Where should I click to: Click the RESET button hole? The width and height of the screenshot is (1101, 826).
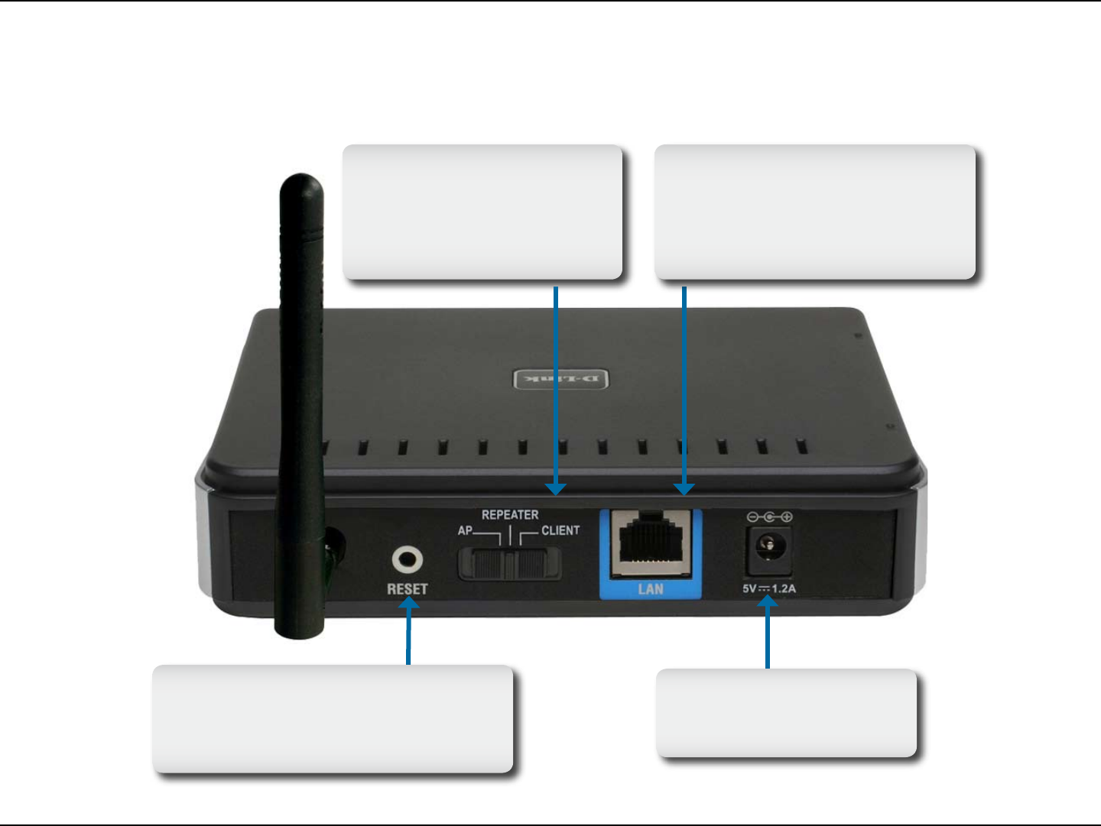[408, 560]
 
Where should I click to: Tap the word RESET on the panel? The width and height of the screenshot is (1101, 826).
[407, 589]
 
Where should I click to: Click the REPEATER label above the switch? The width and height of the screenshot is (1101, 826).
[510, 515]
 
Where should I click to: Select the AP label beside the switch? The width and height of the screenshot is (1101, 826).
[465, 530]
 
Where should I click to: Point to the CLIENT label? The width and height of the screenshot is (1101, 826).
[560, 530]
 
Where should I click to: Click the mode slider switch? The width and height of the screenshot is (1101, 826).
[509, 564]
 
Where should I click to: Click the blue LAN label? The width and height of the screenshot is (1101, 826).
[651, 589]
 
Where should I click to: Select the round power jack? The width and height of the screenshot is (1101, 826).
[769, 546]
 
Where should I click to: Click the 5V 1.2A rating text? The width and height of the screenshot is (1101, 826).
[769, 588]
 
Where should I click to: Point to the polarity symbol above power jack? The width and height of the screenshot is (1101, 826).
[769, 517]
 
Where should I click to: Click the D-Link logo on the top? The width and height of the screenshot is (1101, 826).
[561, 379]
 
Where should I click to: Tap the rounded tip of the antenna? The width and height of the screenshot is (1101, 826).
[300, 183]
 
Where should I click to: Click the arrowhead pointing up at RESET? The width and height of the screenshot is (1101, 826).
[409, 604]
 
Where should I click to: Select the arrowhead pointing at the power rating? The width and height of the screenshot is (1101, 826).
[768, 603]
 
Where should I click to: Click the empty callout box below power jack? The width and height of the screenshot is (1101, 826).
[787, 713]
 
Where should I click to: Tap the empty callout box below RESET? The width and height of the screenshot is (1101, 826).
[333, 718]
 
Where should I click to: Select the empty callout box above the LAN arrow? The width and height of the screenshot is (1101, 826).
[815, 212]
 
